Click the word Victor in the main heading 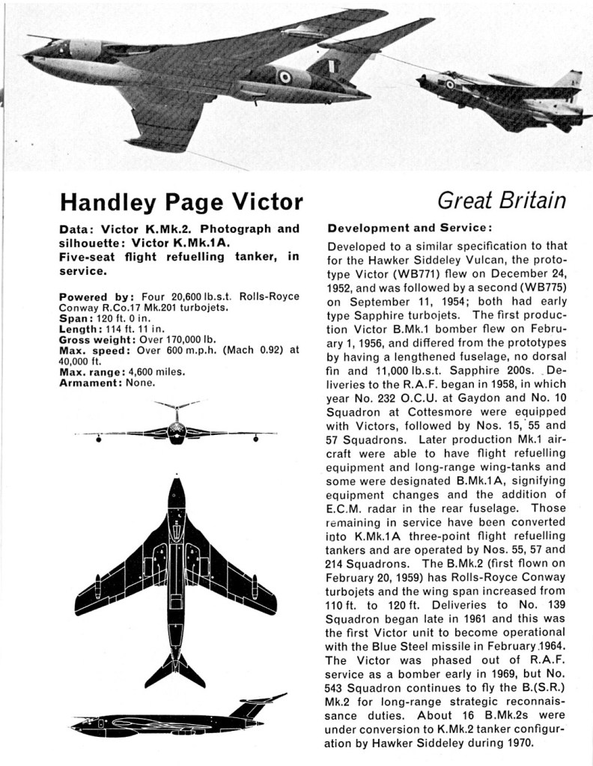(263, 203)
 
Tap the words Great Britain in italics (501, 201)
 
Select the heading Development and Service (410, 228)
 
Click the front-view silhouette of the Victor (176, 430)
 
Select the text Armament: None (107, 383)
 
